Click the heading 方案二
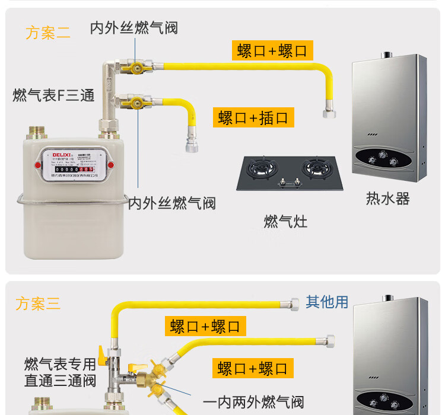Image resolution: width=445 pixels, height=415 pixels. point(47,33)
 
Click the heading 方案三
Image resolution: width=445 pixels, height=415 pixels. point(38,304)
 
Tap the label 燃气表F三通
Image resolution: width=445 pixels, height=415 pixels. point(53,95)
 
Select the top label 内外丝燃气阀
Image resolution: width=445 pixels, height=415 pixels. point(133,28)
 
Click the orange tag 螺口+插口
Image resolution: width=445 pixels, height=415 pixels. point(253,117)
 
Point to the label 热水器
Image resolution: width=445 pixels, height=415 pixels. point(387,199)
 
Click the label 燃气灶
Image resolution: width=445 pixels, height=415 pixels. point(285,222)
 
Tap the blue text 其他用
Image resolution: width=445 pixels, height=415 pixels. point(327,302)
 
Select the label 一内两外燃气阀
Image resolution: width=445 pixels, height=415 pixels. point(253,402)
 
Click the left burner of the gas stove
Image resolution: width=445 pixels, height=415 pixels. point(262,168)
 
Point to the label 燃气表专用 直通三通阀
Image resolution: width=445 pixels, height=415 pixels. point(60,372)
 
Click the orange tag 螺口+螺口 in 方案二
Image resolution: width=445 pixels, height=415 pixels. point(272,50)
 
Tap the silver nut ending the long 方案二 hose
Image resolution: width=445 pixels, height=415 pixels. point(328,112)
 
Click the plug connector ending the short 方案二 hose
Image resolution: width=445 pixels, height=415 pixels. point(191,144)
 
